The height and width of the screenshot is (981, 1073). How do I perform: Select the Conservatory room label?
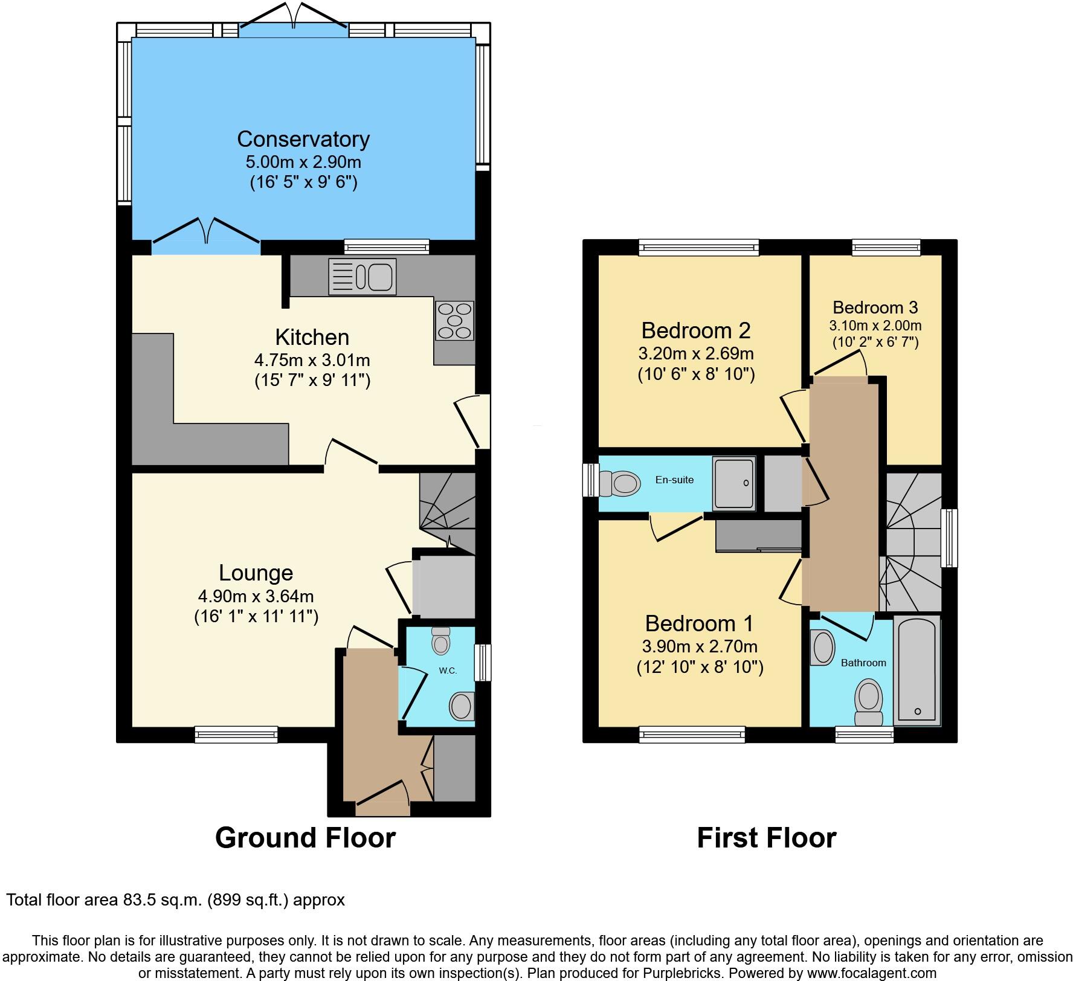pos(303,139)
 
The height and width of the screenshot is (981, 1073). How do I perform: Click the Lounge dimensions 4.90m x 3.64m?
pos(256,596)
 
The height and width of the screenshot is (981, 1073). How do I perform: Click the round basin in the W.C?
pos(462,705)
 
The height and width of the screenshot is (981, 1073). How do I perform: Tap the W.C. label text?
pos(448,671)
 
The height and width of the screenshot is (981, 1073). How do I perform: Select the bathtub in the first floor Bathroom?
pos(917,670)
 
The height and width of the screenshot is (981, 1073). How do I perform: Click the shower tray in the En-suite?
pos(733,483)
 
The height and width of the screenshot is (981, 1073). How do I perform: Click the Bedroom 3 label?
pos(875,307)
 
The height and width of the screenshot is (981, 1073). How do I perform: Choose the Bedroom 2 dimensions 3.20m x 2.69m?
pos(695,353)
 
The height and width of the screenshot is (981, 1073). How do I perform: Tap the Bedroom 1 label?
pos(699,623)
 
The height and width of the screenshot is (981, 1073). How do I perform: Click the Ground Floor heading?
pos(305,838)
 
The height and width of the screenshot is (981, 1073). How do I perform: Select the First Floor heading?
pos(766,838)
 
